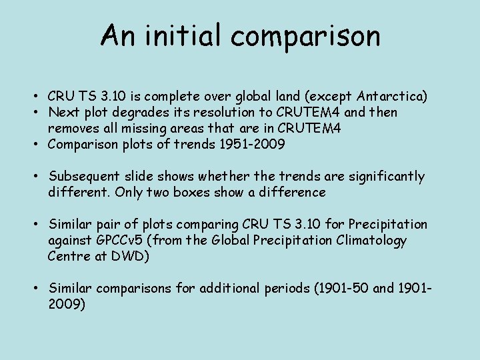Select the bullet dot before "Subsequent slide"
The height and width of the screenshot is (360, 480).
click(x=41, y=177)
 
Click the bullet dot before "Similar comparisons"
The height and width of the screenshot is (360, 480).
click(x=41, y=289)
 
